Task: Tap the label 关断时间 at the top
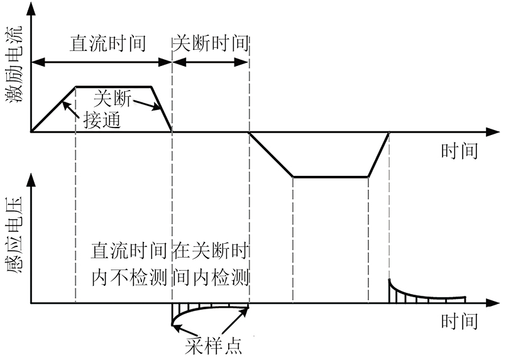[211, 43]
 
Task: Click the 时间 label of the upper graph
[458, 151]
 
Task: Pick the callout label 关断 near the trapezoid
[113, 98]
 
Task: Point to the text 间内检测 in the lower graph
[211, 277]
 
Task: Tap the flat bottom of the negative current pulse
[331, 177]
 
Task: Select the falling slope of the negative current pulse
[272, 155]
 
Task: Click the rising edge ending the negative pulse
[379, 155]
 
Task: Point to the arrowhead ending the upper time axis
[493, 132]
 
